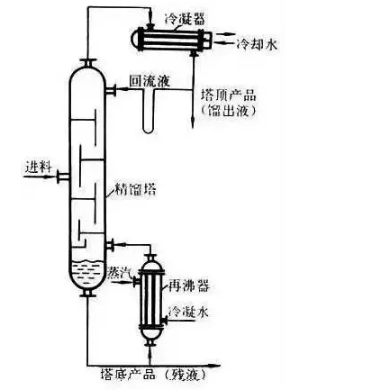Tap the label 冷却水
click(256, 43)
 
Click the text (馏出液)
click(231, 110)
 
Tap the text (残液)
click(190, 374)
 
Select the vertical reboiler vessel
click(149, 297)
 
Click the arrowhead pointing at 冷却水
click(230, 43)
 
